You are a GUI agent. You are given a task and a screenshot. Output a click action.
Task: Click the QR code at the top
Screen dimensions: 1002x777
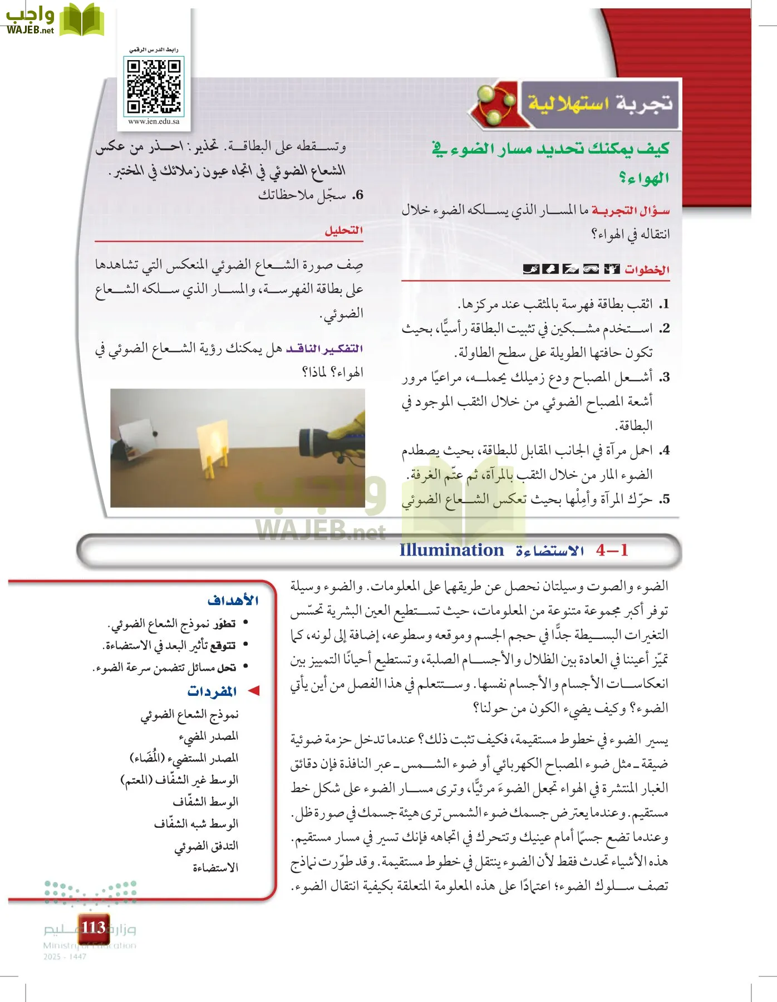154,87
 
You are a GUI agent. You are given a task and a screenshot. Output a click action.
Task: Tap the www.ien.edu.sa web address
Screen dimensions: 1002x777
154,121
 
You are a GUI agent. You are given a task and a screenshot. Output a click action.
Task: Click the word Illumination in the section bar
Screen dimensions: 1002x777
451,551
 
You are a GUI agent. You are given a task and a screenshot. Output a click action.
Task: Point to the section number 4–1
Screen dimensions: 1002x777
612,551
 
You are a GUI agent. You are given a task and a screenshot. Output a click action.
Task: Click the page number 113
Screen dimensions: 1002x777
93,927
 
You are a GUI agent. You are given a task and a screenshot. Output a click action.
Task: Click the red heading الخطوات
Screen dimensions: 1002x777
647,270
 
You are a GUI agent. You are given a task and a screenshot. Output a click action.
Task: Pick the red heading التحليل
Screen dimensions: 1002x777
343,230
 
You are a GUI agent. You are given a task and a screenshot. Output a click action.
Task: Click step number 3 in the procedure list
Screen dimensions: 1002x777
664,377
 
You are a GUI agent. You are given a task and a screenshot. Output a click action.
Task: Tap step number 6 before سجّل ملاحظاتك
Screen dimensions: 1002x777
358,195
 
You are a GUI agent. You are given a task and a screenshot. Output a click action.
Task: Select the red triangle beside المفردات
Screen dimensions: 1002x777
254,691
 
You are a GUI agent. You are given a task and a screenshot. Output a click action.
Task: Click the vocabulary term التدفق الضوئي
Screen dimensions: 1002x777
206,846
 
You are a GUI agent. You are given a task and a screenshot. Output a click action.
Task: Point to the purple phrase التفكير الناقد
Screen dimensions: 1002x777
324,349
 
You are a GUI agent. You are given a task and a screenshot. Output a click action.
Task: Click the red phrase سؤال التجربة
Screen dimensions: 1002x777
631,210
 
